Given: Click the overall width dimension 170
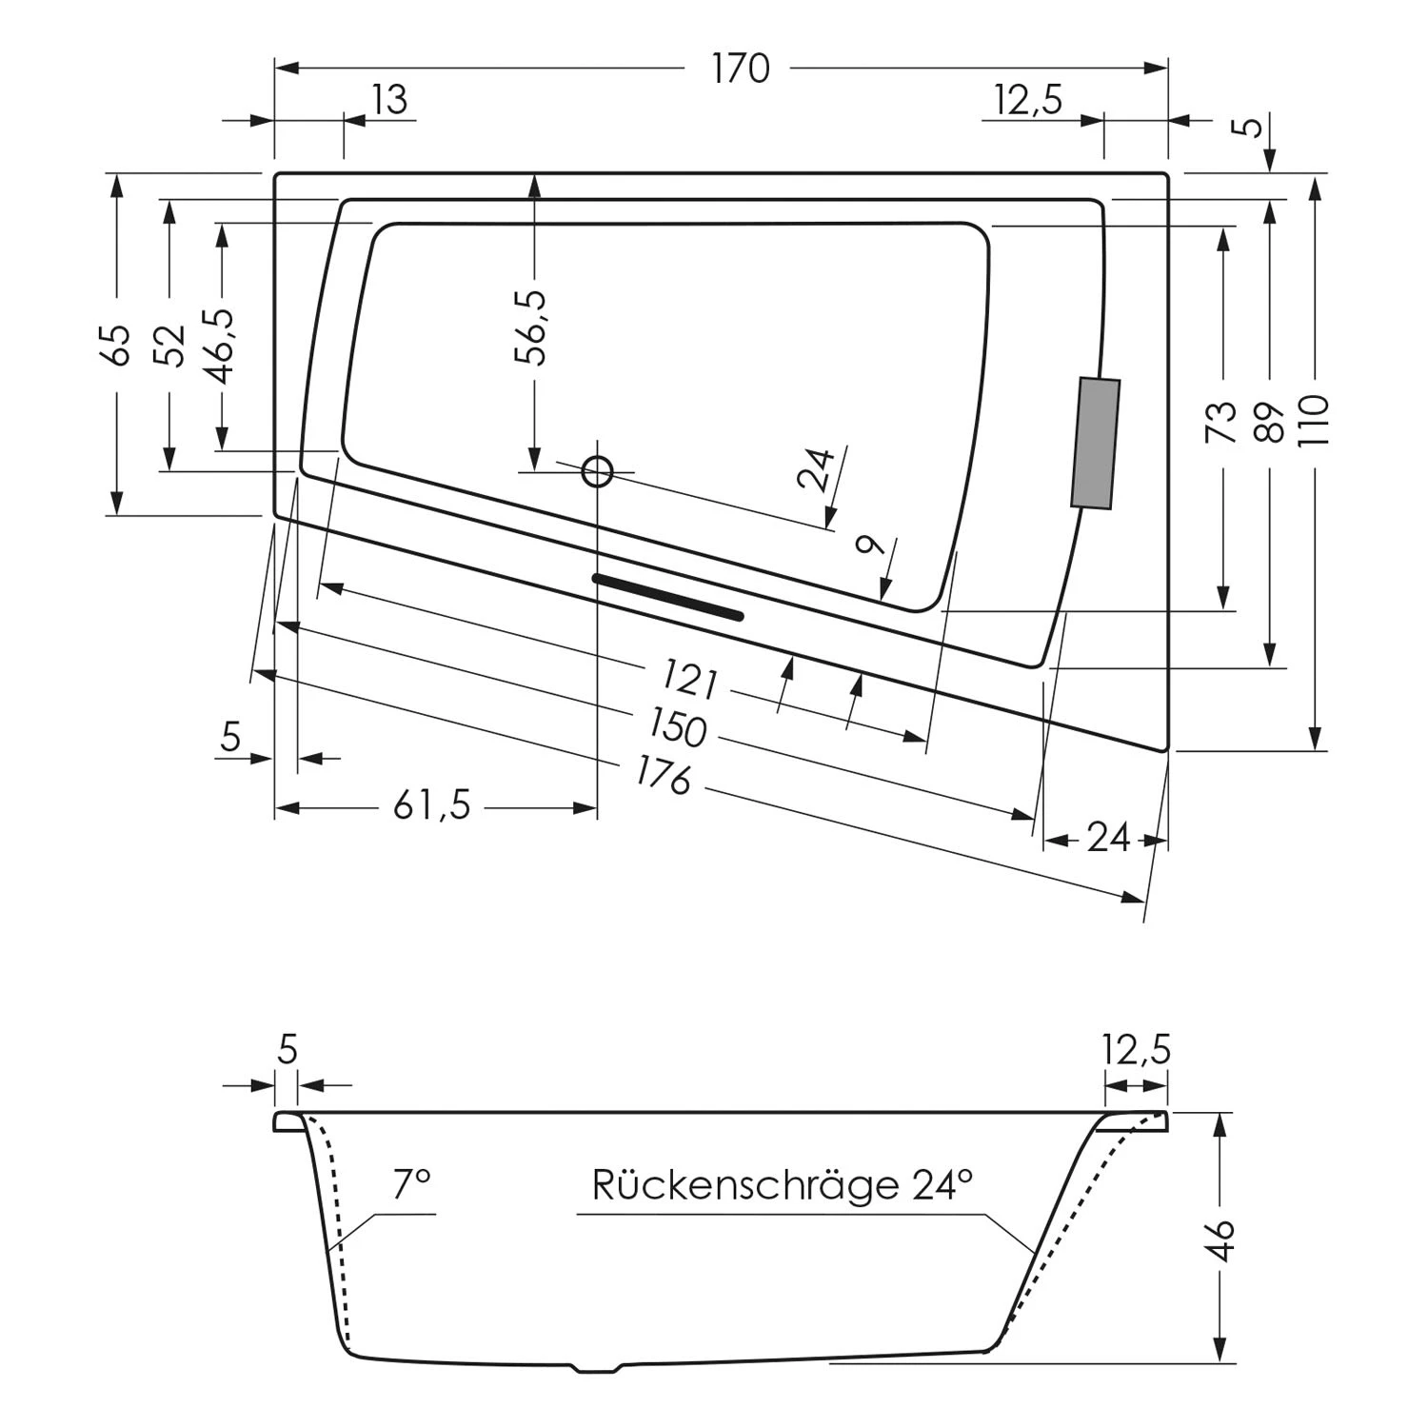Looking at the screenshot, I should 741,69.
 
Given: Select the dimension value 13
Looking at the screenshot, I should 388,99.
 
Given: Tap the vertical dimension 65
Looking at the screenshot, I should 117,345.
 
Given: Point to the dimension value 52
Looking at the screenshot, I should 169,345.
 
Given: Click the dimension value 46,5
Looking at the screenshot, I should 223,345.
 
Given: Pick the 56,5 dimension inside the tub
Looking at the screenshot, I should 533,327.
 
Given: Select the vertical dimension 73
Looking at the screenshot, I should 1221,421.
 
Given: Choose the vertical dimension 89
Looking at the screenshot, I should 1270,421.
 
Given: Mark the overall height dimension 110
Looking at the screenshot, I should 1315,421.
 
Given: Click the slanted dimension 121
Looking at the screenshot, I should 689,680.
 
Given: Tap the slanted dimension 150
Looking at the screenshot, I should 678,728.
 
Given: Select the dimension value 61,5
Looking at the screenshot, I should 432,807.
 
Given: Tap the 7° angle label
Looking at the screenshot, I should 412,1185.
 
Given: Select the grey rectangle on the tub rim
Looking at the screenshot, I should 1096,444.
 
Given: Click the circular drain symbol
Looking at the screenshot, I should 597,471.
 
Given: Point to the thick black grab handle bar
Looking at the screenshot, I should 667,597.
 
